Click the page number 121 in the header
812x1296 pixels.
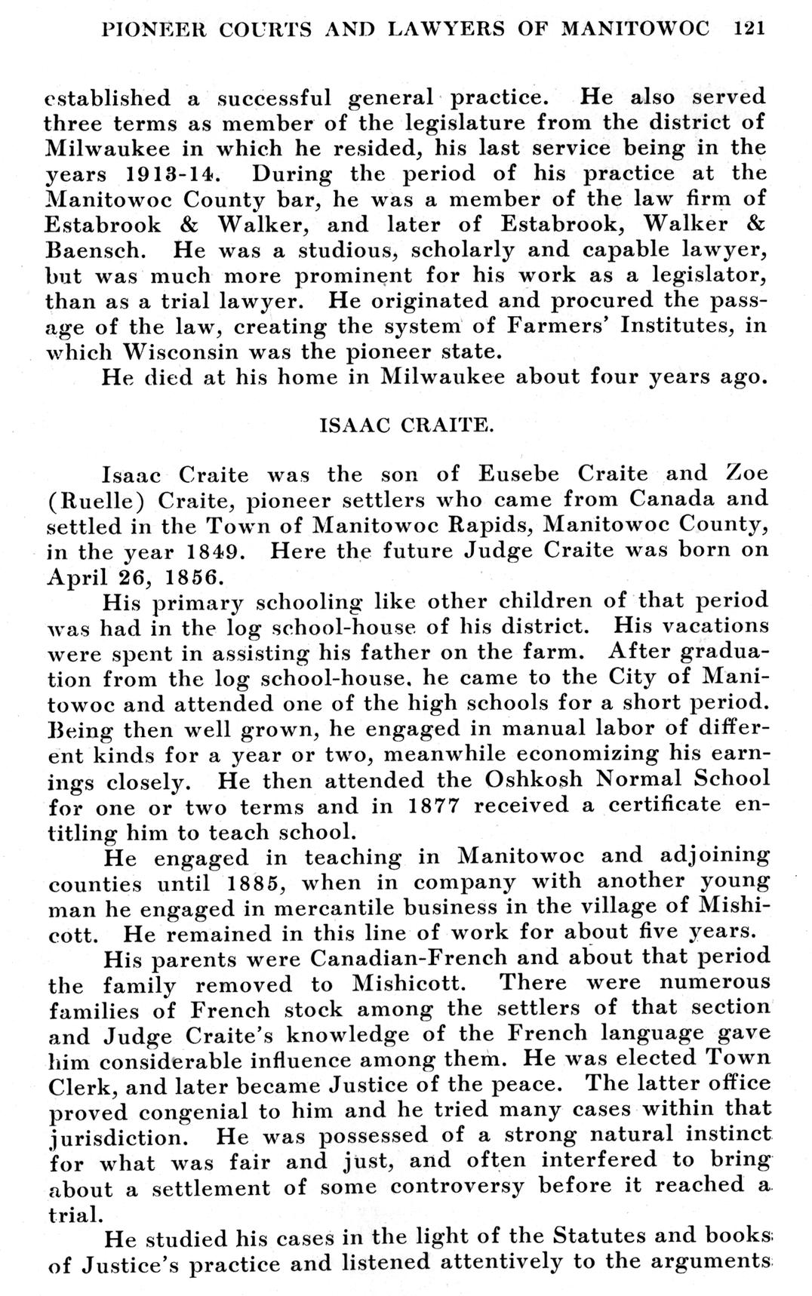pyautogui.click(x=750, y=29)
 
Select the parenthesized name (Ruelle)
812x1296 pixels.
pyautogui.click(x=91, y=500)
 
